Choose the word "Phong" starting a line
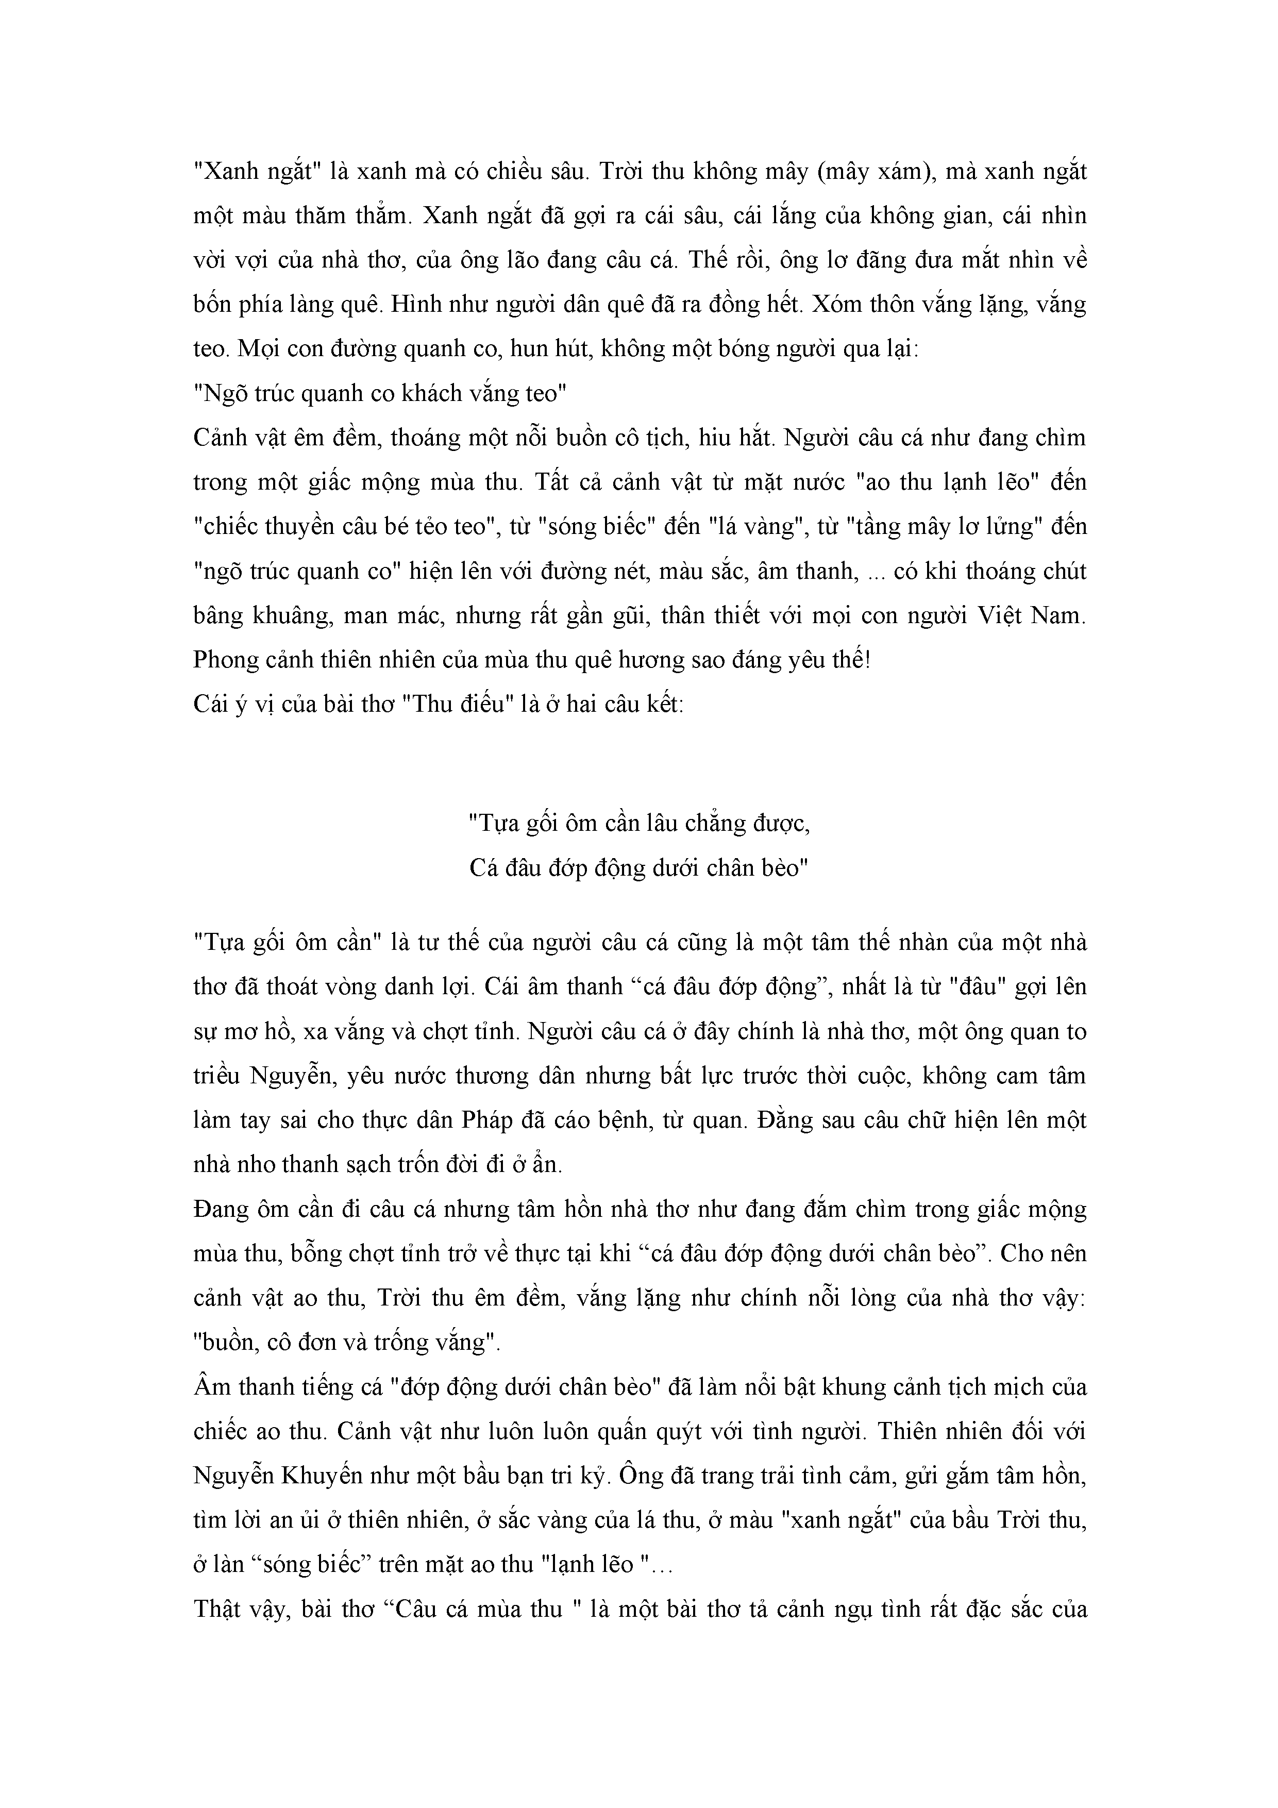point(226,660)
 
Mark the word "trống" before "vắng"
point(397,1342)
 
